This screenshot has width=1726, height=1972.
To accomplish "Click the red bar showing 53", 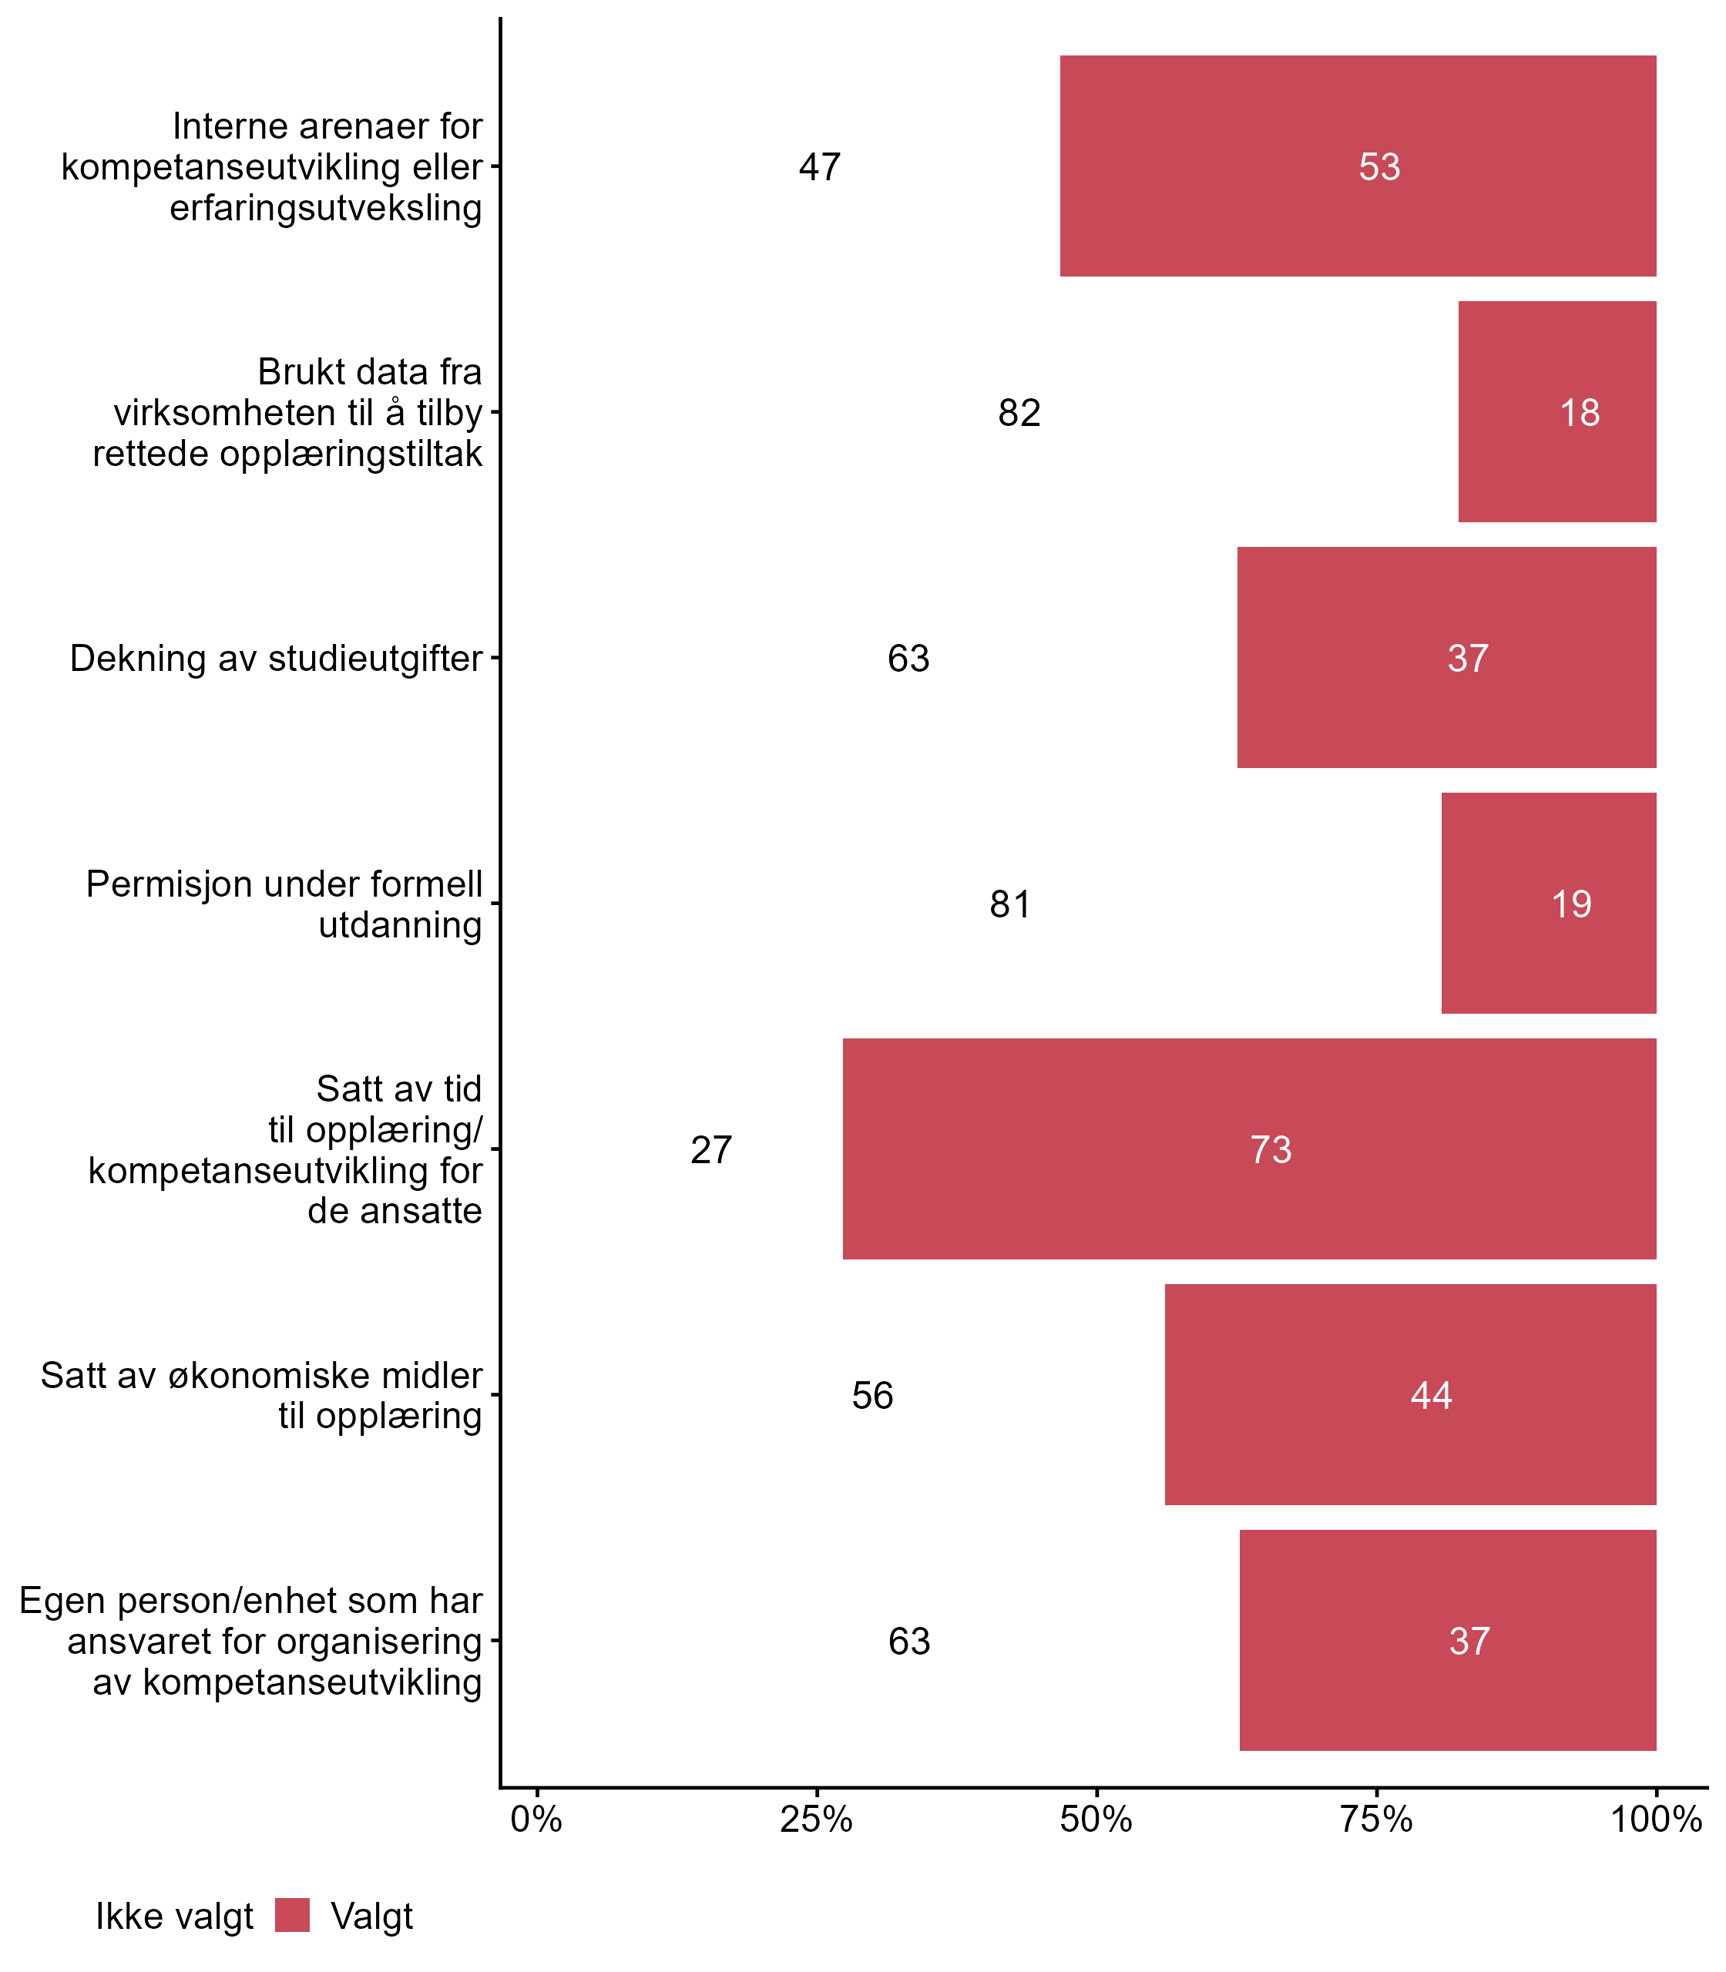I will [x=1358, y=166].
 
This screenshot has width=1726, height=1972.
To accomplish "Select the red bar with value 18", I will [x=1556, y=412].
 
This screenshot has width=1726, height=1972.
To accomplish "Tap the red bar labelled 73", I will [x=1249, y=1149].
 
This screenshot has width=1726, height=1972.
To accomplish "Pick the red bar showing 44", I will [x=1410, y=1394].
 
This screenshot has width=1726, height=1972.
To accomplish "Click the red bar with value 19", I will [x=1549, y=903].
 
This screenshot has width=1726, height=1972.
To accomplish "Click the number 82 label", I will [x=1019, y=413].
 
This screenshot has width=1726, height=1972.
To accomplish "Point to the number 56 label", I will [x=872, y=1395].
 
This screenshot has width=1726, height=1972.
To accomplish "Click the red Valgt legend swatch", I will [x=292, y=1915].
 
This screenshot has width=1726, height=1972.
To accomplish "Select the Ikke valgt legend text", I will [x=174, y=1917].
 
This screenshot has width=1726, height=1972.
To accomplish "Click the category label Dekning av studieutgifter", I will [x=276, y=659].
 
